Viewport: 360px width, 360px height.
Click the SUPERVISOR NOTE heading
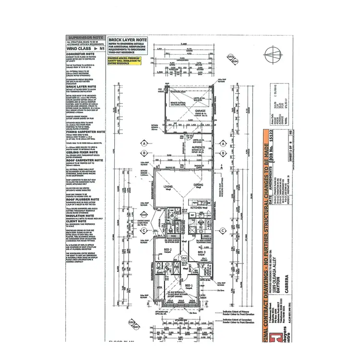[84, 37]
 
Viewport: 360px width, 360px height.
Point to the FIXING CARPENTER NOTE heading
[86, 132]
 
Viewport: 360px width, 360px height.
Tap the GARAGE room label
[201, 110]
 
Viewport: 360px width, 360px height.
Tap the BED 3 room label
[201, 252]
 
